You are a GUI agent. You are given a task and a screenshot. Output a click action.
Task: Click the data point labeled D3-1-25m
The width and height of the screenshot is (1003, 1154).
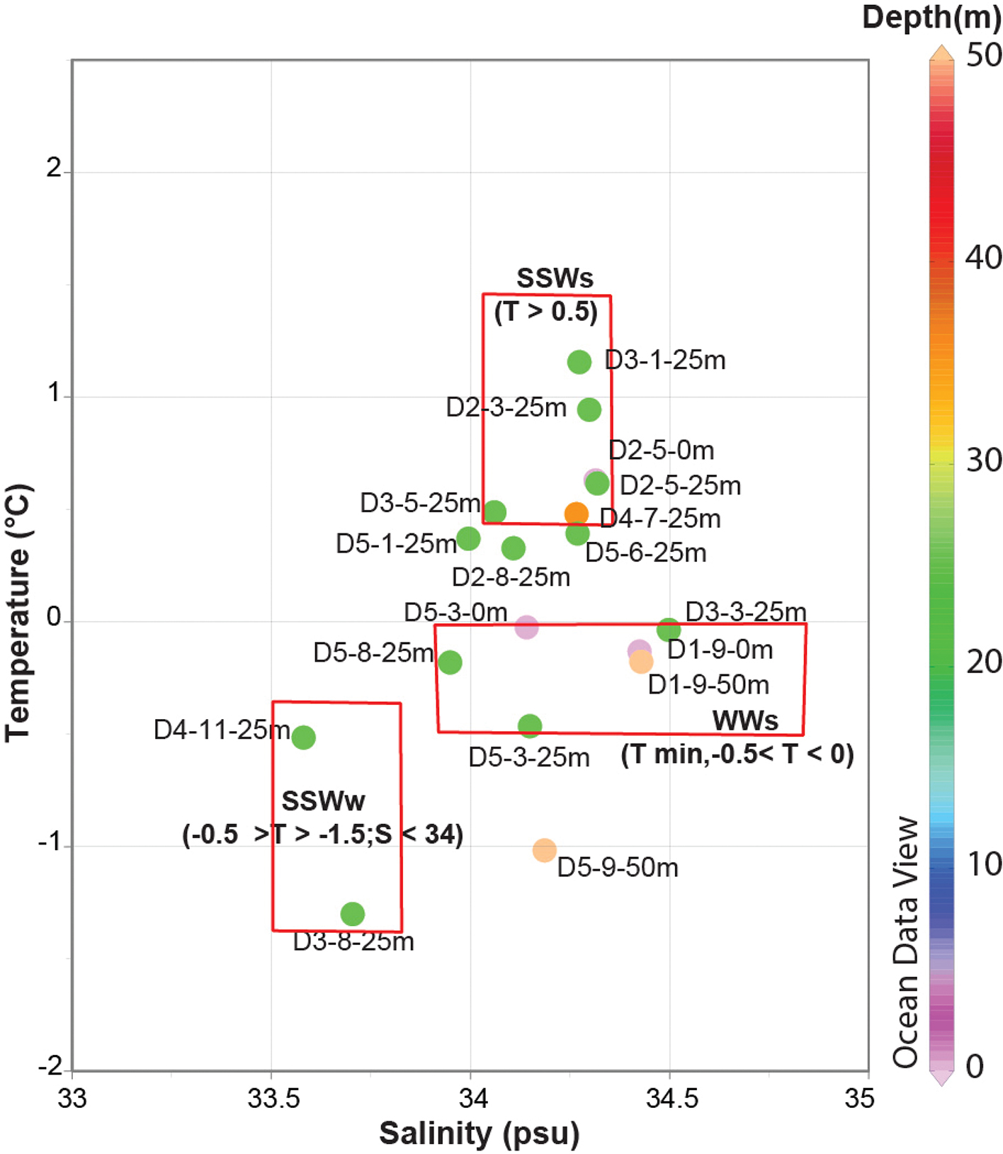click(579, 362)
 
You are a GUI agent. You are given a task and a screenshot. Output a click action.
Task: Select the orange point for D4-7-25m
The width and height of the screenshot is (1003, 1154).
click(576, 514)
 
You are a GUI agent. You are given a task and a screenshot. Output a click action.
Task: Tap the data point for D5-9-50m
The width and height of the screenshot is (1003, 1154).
click(544, 850)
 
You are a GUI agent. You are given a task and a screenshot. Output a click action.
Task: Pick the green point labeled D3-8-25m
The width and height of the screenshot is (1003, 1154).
click(352, 914)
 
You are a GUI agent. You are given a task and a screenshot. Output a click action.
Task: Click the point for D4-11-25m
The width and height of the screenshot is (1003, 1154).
click(303, 737)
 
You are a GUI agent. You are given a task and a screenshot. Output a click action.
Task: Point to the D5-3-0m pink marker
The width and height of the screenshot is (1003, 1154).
click(526, 627)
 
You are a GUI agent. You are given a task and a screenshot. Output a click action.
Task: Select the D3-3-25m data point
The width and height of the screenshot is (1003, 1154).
click(669, 629)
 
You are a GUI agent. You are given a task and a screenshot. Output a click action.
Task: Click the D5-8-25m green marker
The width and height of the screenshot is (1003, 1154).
click(450, 662)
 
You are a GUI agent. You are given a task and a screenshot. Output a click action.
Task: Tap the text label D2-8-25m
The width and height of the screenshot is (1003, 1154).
click(511, 577)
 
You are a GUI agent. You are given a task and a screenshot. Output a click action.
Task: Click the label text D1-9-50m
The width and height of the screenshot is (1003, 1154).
click(708, 685)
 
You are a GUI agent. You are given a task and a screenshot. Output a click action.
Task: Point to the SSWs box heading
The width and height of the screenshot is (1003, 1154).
click(555, 278)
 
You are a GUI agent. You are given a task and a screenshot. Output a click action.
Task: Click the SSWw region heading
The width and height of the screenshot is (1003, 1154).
click(323, 801)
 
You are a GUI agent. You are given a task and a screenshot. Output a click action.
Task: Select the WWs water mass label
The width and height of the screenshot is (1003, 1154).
click(745, 721)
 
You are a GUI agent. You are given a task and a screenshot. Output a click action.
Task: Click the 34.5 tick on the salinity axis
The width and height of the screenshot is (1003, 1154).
click(671, 1098)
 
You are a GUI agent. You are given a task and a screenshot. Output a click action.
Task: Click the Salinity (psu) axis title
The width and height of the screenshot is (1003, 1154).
click(479, 1133)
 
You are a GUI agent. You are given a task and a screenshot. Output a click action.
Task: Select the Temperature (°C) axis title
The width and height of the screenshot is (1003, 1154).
click(18, 613)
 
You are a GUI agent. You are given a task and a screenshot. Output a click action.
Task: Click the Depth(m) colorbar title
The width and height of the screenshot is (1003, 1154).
click(931, 17)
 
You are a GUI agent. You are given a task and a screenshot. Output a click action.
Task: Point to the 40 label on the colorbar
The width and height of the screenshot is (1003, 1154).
click(983, 258)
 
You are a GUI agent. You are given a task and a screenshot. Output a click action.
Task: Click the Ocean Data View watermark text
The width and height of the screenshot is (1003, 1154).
click(906, 942)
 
